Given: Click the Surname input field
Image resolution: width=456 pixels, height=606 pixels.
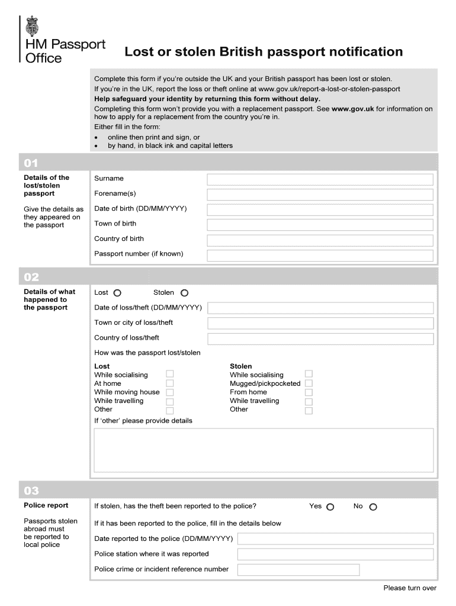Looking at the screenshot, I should [320, 179].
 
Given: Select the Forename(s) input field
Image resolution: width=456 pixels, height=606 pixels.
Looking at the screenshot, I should [320, 195].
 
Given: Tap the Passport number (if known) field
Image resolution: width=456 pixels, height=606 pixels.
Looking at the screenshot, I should [320, 254].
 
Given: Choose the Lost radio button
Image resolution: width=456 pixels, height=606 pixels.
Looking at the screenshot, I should [117, 293].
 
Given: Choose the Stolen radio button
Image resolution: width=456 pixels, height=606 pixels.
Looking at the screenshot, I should [184, 293].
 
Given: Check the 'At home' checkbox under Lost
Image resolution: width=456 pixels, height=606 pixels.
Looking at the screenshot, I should [170, 383].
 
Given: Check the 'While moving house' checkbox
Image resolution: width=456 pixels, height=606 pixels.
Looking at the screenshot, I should [170, 392].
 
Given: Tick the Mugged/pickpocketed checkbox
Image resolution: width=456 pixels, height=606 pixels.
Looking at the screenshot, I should [309, 383].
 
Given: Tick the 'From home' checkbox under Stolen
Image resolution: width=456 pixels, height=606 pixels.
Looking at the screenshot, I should [309, 392].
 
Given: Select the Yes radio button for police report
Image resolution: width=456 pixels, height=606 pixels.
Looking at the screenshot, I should [330, 507].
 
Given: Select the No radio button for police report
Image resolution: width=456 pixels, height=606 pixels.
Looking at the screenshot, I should [373, 507].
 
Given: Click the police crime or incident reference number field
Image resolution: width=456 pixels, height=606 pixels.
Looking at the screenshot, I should [298, 570].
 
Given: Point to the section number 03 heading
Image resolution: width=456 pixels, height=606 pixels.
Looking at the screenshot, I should [31, 491].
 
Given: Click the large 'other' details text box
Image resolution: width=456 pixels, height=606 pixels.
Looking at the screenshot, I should [264, 450].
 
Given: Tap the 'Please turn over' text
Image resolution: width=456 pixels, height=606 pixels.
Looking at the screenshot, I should [410, 588].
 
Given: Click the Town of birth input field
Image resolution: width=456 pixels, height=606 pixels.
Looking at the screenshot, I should [320, 224].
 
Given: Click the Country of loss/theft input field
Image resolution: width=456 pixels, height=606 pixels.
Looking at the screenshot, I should [320, 339].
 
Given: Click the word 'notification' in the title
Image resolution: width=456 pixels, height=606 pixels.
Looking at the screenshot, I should [366, 52].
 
